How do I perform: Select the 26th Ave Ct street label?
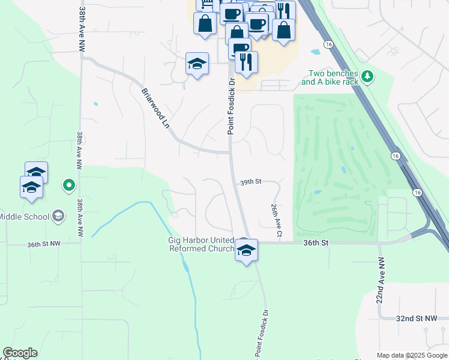point(276,218)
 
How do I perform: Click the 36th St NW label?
point(44,244)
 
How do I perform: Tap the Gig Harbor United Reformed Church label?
point(200,244)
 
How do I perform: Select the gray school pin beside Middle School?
point(58,215)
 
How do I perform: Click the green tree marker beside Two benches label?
point(368,76)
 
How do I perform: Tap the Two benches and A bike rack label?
point(330,77)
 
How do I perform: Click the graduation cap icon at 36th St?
point(246,250)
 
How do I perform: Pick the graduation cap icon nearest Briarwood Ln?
point(196,64)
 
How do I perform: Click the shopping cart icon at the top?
point(205,4)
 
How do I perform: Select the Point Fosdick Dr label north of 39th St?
point(230,108)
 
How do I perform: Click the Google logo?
point(20,353)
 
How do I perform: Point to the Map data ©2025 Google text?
point(412,355)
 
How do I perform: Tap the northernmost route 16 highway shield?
point(328,44)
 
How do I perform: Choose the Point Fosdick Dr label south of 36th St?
point(262,334)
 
